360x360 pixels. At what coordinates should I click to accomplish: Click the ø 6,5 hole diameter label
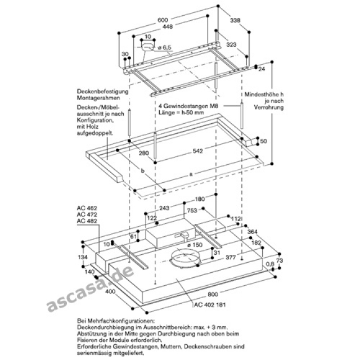pos(163,48)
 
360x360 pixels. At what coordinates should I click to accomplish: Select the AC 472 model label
pos(85,214)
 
